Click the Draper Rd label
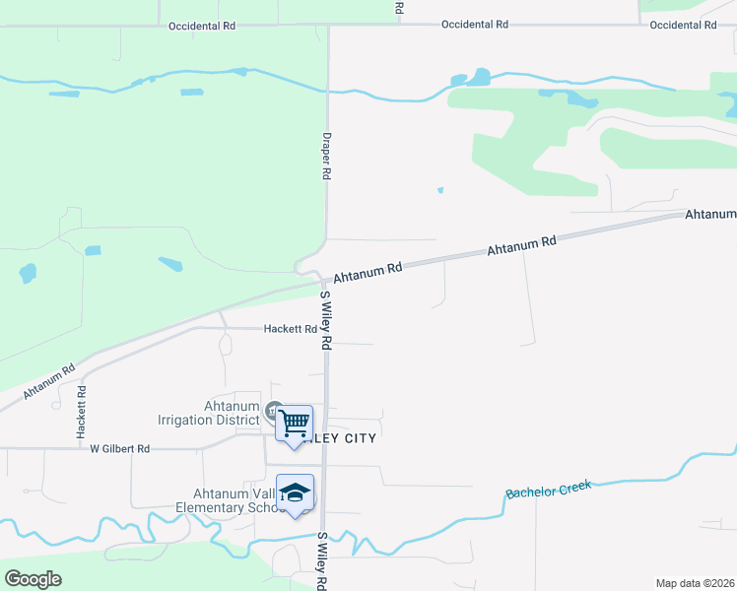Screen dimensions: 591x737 (x=326, y=157)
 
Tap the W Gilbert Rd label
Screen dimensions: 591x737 (x=119, y=449)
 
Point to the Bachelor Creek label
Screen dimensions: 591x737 (x=548, y=489)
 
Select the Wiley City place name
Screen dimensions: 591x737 (x=340, y=437)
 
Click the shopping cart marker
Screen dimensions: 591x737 (x=294, y=425)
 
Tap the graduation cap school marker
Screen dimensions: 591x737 (x=295, y=493)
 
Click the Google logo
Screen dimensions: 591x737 (x=33, y=579)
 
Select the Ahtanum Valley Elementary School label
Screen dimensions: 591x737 (x=227, y=501)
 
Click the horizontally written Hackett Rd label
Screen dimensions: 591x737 (x=290, y=329)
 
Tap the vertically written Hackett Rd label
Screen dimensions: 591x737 (x=82, y=412)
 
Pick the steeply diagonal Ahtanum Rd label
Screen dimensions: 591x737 (x=49, y=381)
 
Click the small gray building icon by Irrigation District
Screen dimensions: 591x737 (x=273, y=409)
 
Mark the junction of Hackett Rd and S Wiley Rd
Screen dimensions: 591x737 (x=326, y=329)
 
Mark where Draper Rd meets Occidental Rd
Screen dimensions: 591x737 (x=328, y=26)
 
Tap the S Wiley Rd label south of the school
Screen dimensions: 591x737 (x=321, y=561)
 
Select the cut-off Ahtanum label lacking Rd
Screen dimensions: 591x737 (x=710, y=214)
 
